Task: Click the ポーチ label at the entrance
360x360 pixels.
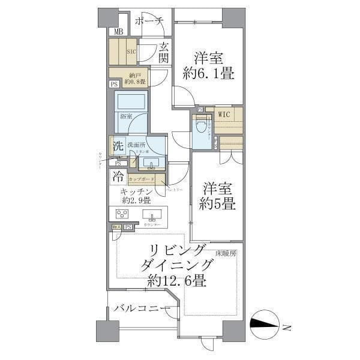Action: (149, 21)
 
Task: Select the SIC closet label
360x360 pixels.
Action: (131, 52)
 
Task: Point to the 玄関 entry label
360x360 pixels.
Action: (164, 52)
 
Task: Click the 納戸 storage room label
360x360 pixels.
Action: (133, 78)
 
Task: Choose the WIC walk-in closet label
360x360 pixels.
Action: (224, 114)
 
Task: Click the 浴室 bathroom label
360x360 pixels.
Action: (126, 116)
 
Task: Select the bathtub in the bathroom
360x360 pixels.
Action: (131, 100)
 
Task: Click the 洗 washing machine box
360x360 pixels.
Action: (118, 146)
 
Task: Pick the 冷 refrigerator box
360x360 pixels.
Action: (118, 177)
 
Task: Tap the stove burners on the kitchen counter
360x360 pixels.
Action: (122, 214)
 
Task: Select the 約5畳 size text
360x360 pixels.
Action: (217, 203)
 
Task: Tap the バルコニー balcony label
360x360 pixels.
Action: (138, 308)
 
